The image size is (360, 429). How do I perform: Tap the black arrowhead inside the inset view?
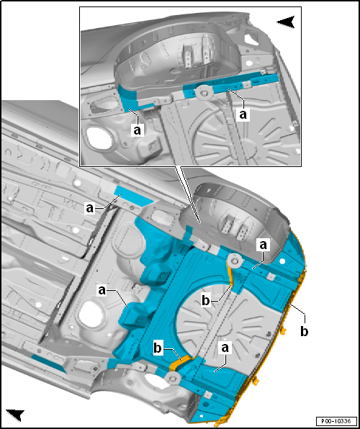point(286,22)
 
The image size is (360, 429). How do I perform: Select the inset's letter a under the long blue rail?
point(243,114)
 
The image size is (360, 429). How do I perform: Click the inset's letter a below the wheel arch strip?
point(138,130)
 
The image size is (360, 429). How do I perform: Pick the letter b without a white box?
point(304,331)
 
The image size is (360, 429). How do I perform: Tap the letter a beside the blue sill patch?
point(89,209)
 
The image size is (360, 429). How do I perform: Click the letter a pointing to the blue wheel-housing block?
point(102,291)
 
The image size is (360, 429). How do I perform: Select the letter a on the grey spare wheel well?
point(225,348)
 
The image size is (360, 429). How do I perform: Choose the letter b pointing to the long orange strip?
point(206,301)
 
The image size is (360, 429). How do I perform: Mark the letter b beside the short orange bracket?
point(158,349)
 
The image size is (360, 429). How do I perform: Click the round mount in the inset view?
point(204,94)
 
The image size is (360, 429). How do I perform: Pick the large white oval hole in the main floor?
point(91,315)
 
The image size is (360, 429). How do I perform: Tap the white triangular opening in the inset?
point(251,39)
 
